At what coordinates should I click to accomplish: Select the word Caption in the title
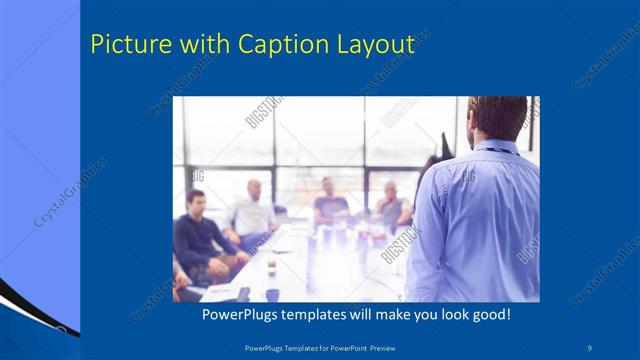[276, 45]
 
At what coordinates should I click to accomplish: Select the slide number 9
[590, 347]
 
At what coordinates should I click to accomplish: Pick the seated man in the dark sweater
[199, 235]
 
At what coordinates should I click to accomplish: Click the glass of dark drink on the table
[271, 264]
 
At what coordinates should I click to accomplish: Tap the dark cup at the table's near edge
[272, 294]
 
